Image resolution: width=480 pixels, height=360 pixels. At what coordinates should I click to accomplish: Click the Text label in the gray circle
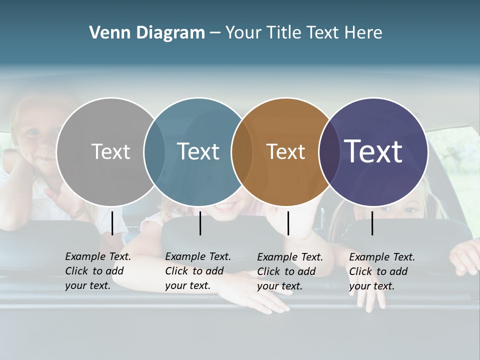[x=110, y=151]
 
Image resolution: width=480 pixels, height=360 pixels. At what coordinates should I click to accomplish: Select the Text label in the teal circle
[x=198, y=151]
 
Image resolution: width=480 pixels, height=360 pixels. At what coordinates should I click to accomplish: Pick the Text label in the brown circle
[x=285, y=151]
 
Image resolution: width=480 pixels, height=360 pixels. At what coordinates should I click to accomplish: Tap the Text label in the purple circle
[x=373, y=151]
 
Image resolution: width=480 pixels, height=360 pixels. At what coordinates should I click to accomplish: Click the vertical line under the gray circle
[x=112, y=223]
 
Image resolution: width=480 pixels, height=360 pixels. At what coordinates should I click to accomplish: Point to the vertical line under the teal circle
[x=200, y=223]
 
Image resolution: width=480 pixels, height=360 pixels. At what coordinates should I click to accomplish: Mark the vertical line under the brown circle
[x=288, y=223]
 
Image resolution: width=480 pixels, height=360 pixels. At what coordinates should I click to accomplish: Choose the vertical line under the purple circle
[x=372, y=223]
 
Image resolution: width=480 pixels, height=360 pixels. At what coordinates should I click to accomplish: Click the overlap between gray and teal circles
[x=154, y=151]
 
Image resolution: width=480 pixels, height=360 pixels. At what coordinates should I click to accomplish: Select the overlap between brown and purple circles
[x=329, y=151]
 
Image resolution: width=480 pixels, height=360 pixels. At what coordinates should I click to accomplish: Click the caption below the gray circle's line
[x=98, y=271]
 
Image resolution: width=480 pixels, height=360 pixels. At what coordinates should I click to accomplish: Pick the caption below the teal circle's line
[x=198, y=271]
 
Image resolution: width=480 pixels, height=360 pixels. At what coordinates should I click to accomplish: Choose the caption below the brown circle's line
[x=290, y=271]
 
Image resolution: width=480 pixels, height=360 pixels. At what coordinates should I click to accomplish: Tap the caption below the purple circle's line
[x=382, y=271]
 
